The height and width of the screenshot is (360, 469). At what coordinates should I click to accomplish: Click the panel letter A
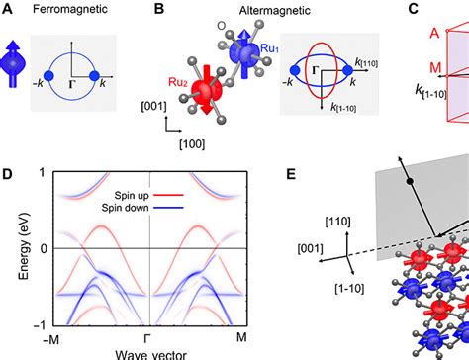(8, 10)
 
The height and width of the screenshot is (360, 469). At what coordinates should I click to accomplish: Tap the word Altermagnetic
(212, 12)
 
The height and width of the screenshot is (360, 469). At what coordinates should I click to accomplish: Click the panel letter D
(8, 175)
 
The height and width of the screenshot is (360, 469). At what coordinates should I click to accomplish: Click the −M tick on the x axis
(49, 337)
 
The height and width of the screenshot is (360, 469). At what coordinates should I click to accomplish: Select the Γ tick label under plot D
(148, 337)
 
